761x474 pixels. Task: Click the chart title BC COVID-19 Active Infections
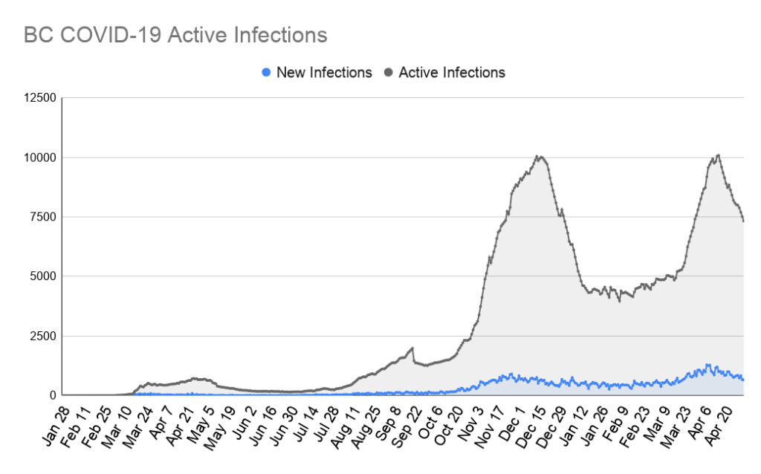point(175,35)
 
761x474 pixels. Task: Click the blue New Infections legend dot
point(266,73)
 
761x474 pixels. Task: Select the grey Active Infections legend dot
point(389,73)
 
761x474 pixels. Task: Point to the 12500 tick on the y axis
point(39,98)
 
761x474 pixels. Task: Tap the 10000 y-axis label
point(39,158)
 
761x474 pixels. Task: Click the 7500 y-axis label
point(42,217)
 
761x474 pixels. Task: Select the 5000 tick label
point(42,276)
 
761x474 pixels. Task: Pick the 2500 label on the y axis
point(42,336)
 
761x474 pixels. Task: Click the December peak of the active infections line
point(540,156)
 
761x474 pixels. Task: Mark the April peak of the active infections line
point(718,155)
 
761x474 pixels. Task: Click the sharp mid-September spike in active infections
point(412,347)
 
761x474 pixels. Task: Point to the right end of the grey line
point(743,221)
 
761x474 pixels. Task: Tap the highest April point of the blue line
point(708,364)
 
